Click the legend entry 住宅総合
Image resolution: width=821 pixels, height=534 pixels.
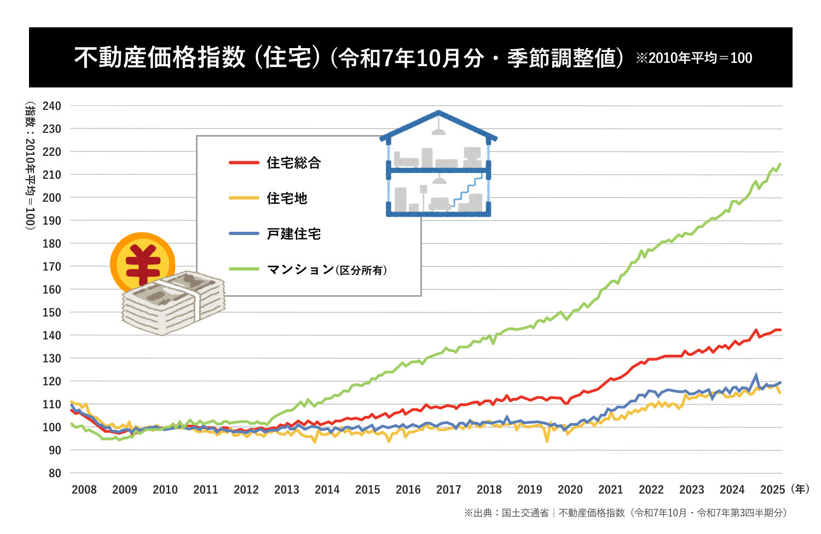293,163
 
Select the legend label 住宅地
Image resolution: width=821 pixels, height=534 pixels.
287,198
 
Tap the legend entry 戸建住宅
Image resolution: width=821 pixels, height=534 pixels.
293,234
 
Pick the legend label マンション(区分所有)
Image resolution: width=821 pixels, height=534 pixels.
326,269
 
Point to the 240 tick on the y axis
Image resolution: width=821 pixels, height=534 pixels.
51,106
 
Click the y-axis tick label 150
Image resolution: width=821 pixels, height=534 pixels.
51,313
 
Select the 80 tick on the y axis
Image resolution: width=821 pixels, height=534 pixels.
55,473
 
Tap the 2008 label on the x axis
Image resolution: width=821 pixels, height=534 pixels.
84,490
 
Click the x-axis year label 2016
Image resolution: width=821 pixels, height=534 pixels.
408,490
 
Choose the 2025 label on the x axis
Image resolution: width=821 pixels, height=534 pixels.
773,490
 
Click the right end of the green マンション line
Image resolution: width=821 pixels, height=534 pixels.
780,164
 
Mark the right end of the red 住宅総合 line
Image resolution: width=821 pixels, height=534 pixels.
780,330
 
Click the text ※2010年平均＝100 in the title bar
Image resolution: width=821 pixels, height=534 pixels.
694,58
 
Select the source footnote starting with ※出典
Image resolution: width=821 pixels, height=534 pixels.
625,513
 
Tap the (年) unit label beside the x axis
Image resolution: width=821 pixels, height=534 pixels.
800,489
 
